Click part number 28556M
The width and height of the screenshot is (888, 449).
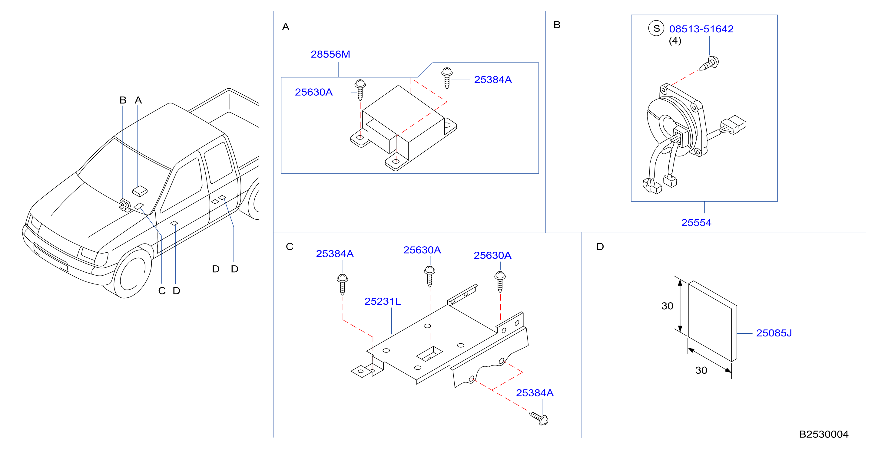(x=330, y=54)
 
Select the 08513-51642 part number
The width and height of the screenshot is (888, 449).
(x=701, y=29)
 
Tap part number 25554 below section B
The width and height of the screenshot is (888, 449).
(x=696, y=223)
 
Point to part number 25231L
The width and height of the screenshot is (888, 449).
(x=383, y=301)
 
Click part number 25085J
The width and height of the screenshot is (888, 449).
(x=774, y=333)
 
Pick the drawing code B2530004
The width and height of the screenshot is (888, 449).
(x=823, y=434)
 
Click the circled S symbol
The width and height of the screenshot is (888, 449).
(x=656, y=28)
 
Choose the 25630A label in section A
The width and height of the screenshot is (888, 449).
(x=314, y=92)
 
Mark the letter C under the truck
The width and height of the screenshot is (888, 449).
(x=162, y=291)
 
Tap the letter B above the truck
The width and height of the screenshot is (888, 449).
(x=123, y=100)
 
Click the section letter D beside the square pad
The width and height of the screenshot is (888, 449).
(x=600, y=247)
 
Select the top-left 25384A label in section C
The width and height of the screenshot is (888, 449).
(x=335, y=254)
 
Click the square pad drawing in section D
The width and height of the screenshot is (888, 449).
(x=713, y=321)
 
